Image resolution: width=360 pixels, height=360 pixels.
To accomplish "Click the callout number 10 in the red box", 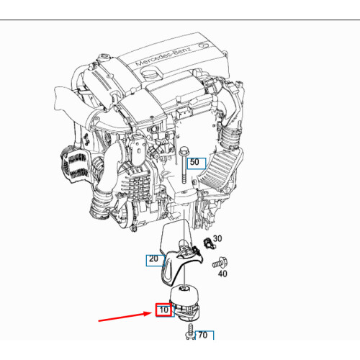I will (x=164, y=311).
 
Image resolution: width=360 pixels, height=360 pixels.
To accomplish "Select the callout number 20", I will (x=153, y=259).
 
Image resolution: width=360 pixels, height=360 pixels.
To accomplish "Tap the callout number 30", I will (x=217, y=238).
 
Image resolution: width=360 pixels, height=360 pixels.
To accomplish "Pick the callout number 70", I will (x=202, y=335).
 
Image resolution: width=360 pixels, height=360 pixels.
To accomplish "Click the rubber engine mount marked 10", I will (x=188, y=302).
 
